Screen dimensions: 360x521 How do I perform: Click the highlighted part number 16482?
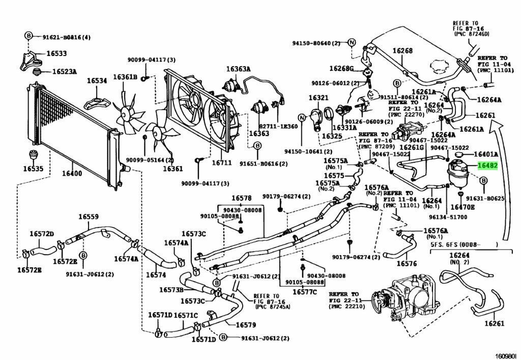(x=486, y=165)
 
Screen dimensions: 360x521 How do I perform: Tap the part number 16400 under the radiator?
(x=72, y=174)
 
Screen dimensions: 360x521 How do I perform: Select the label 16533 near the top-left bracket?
(x=56, y=53)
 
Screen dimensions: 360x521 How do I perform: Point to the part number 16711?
(x=222, y=163)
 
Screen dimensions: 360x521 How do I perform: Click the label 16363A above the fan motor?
(x=239, y=69)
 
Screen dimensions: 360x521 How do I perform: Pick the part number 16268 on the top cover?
(x=402, y=51)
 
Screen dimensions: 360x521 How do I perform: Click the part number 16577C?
(x=304, y=292)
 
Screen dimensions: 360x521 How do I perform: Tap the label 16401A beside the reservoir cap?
(x=486, y=154)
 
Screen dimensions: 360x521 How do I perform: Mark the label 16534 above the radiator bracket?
(x=97, y=80)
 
